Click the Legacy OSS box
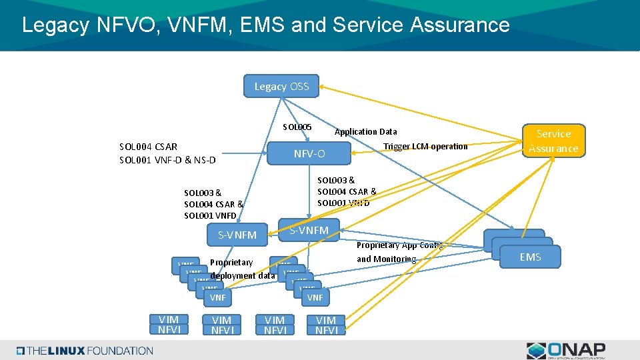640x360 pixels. [x=281, y=86]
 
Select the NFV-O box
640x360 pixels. [x=309, y=154]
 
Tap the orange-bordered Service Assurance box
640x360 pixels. [x=553, y=141]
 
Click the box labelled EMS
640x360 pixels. [x=530, y=257]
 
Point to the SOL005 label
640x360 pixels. [x=297, y=127]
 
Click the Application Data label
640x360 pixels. [x=365, y=131]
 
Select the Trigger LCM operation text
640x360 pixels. [x=425, y=146]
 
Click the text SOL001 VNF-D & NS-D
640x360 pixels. [x=167, y=160]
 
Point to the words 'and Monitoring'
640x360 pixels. [x=386, y=259]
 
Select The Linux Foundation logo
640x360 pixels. [x=85, y=351]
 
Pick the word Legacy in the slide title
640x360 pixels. [x=56, y=25]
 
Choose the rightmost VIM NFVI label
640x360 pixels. [x=326, y=325]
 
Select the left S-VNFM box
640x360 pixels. [x=237, y=235]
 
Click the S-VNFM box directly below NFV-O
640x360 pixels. [x=309, y=230]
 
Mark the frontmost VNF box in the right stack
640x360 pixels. [x=315, y=297]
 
